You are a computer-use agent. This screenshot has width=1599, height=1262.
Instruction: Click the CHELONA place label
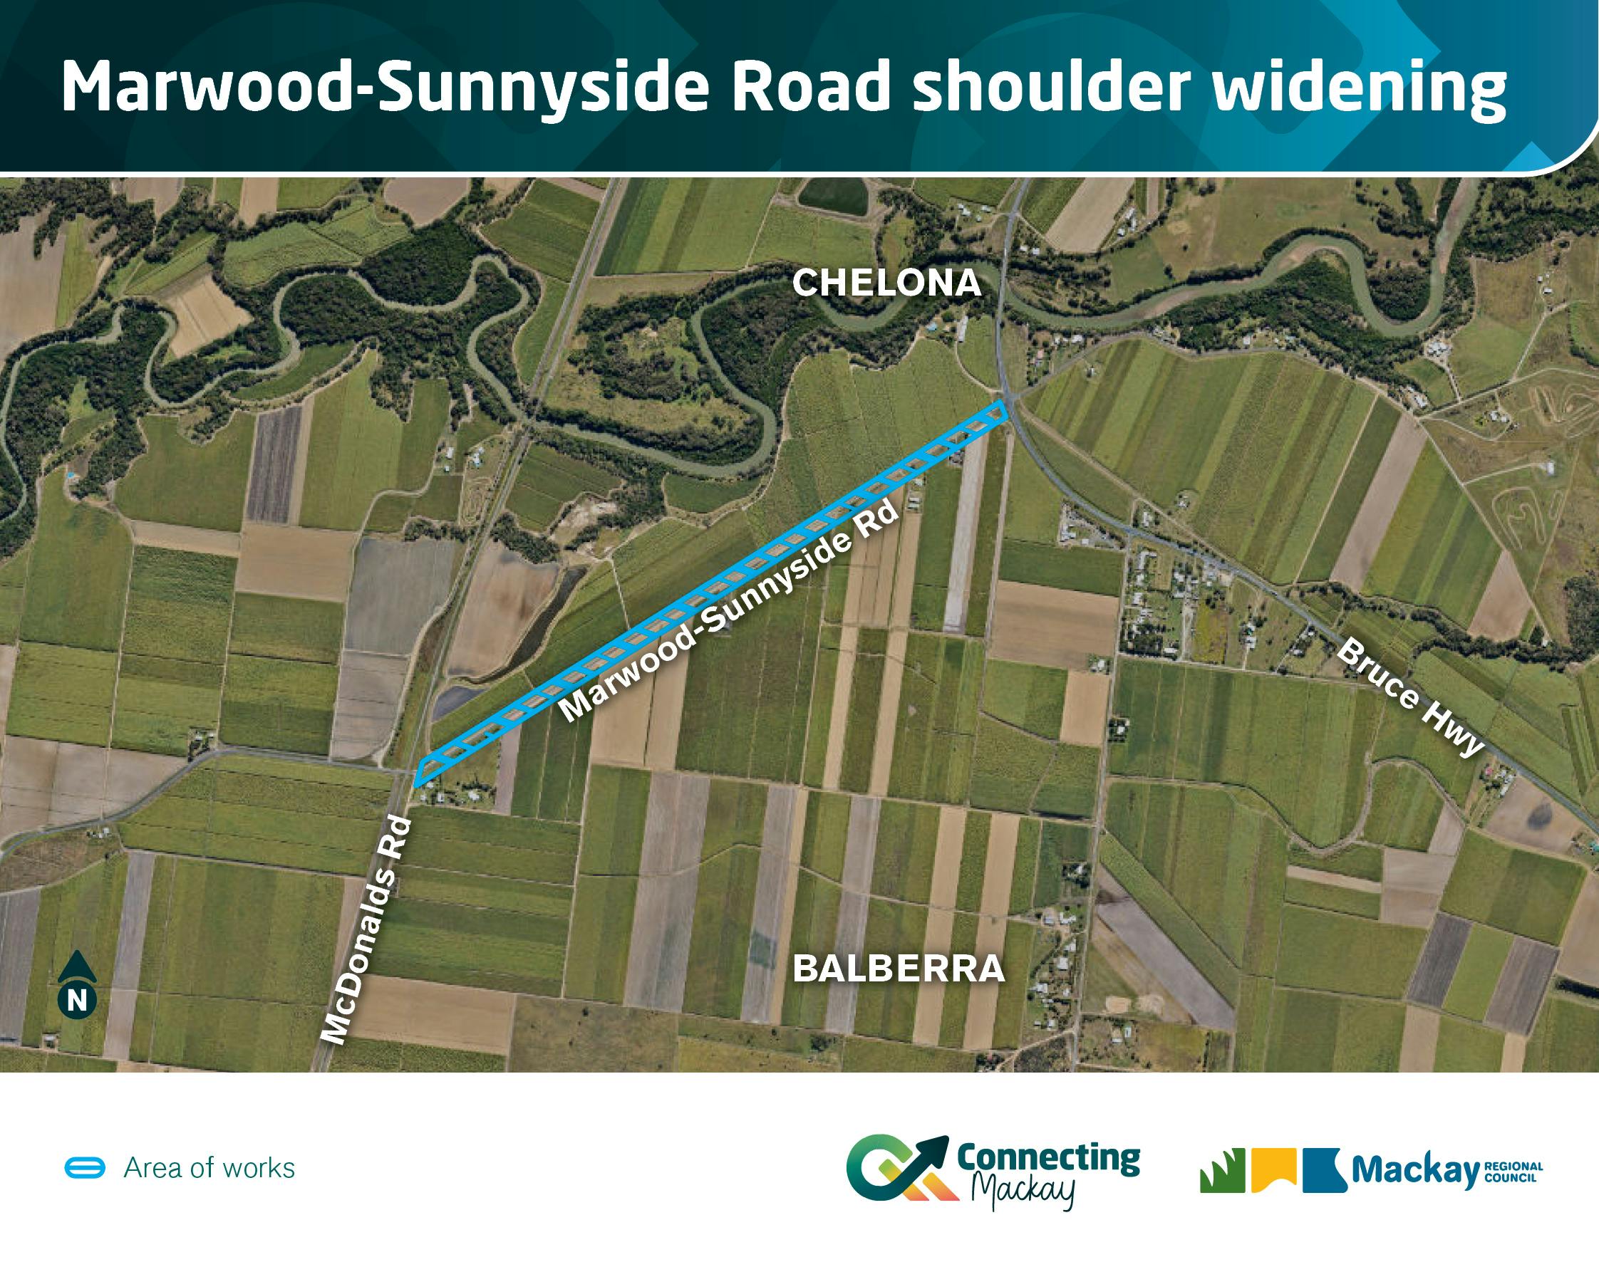886,283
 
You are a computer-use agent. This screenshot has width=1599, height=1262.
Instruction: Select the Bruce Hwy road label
1410,697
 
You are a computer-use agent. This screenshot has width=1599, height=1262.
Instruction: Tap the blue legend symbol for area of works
86,1168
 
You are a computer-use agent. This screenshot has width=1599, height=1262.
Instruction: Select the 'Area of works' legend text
209,1168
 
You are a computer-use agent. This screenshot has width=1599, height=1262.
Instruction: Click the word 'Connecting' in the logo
1048,1159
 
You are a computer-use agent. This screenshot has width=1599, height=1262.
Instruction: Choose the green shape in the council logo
1222,1170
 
